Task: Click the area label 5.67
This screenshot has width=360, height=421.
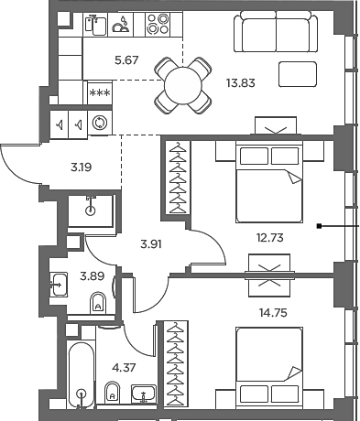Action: (x=101, y=62)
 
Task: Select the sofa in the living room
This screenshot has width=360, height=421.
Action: (x=269, y=35)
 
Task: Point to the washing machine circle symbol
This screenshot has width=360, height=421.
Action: (x=98, y=122)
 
